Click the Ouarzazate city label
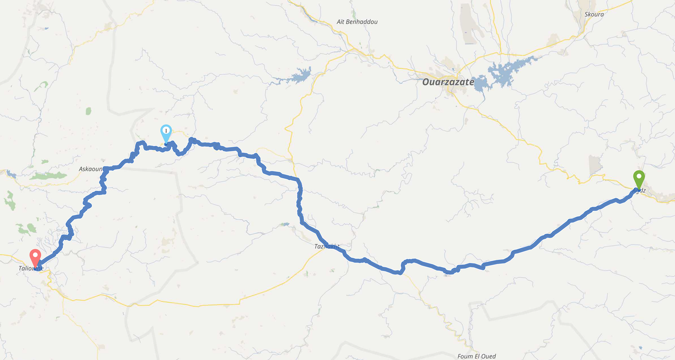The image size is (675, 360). (448, 82)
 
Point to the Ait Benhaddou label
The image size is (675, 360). (357, 22)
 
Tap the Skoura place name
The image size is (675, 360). (593, 15)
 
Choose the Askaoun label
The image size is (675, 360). (90, 169)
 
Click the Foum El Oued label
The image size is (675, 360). (476, 356)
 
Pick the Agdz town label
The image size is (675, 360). (641, 190)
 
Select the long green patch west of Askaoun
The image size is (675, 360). (49, 176)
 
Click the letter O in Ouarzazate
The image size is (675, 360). (427, 82)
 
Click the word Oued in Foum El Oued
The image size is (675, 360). (489, 356)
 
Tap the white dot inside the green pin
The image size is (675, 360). (639, 177)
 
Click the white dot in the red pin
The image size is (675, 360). (35, 255)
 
